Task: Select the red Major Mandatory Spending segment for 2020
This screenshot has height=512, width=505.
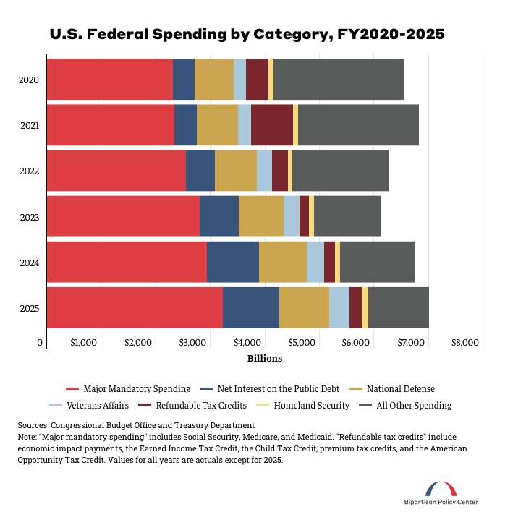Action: (x=110, y=80)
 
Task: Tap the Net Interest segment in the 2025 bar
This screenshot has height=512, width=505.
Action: (x=250, y=307)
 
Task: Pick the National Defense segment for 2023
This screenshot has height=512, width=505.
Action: (x=260, y=216)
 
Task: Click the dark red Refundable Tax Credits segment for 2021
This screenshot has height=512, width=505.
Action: (x=271, y=125)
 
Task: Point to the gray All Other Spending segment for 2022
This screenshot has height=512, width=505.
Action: (x=340, y=171)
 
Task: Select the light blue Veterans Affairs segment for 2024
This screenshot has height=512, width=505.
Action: (x=315, y=262)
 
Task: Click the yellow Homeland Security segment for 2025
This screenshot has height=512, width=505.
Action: (x=365, y=307)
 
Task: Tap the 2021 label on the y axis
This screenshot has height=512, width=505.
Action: (x=30, y=126)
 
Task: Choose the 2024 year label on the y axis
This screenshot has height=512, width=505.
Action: (x=30, y=263)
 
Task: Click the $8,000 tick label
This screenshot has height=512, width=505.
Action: (x=464, y=342)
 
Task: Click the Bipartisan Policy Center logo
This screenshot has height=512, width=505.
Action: (x=441, y=493)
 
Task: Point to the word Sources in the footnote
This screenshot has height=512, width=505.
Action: (x=34, y=425)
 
